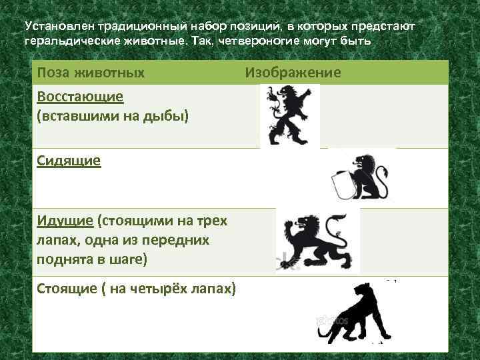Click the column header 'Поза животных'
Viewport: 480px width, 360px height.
[x=91, y=72]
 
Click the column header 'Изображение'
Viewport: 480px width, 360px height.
[x=293, y=72]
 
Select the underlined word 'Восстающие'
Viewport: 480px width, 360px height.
[x=80, y=96]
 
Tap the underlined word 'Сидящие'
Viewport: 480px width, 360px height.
[x=69, y=160]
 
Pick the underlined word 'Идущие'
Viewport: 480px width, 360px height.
[x=65, y=221]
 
